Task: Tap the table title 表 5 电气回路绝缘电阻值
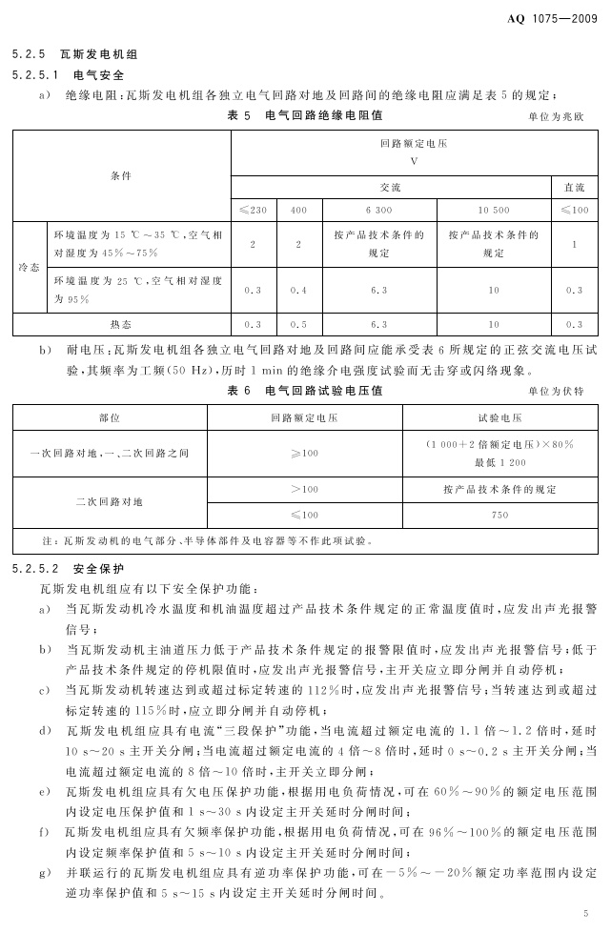tap(304, 115)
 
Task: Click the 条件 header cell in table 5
tap(121, 176)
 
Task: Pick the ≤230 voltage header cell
tap(253, 210)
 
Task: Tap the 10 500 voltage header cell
tap(494, 210)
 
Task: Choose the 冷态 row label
tap(29, 268)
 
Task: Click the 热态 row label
tap(121, 324)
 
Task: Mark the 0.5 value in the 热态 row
tap(298, 324)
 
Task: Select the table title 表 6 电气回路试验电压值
tap(304, 391)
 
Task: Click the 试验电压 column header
tap(499, 417)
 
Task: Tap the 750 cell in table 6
tap(499, 515)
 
